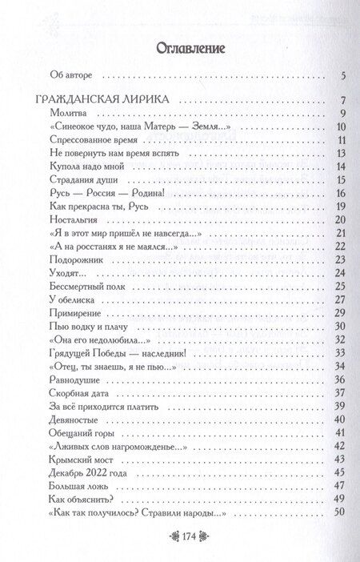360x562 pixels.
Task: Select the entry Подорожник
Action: (x=77, y=259)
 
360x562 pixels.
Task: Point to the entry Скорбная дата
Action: (x=81, y=391)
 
